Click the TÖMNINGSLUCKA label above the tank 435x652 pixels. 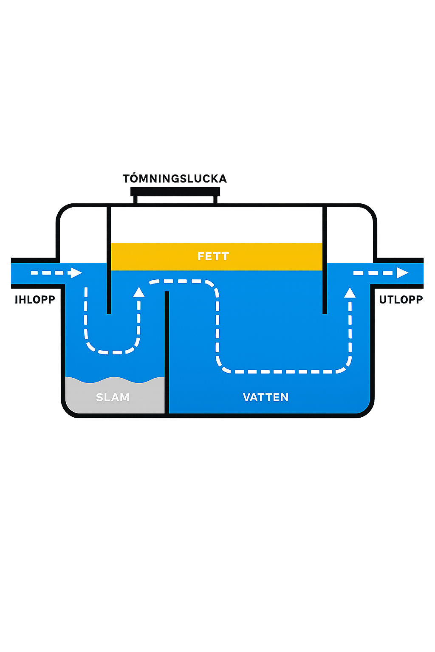tap(175, 179)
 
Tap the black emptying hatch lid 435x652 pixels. tap(175, 191)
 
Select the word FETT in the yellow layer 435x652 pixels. tap(213, 256)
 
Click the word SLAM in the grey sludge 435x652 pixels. tap(113, 397)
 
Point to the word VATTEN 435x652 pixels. tap(266, 397)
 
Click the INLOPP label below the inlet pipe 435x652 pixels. tap(35, 300)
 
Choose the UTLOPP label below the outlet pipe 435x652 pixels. tap(401, 300)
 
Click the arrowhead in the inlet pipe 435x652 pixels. tap(76, 273)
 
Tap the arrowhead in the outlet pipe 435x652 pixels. tap(402, 273)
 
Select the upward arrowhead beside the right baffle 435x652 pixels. tap(350, 292)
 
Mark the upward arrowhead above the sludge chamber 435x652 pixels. tap(139, 292)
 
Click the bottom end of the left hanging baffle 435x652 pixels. tap(109, 312)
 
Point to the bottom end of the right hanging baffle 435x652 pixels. tap(325, 312)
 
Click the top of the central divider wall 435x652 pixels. tap(167, 293)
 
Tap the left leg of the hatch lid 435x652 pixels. tap(136, 200)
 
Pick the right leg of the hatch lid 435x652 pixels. tap(215, 200)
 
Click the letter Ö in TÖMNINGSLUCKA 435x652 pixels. tap(134, 178)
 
